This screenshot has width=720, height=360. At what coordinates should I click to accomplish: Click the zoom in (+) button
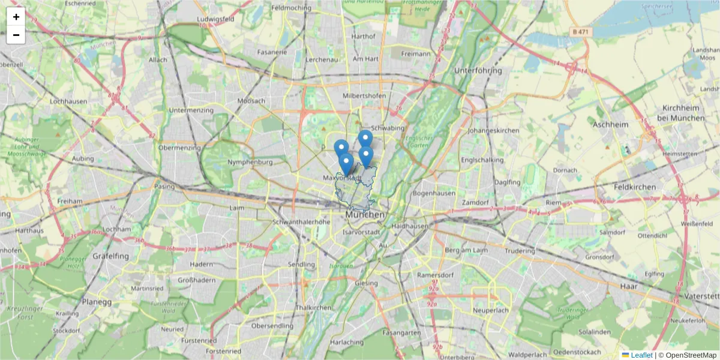(16, 17)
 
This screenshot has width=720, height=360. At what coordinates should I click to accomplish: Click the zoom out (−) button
(16, 35)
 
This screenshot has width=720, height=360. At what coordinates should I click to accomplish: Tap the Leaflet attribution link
(641, 355)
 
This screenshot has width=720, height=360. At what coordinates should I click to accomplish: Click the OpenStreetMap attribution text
(687, 355)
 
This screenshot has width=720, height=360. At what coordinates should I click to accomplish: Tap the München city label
(365, 214)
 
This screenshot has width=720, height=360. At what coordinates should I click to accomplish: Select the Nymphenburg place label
(251, 162)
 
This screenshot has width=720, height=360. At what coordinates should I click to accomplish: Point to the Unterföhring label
(478, 71)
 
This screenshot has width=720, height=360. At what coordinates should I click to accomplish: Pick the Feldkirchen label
(635, 187)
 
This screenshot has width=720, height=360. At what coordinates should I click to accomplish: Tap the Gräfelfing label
(111, 256)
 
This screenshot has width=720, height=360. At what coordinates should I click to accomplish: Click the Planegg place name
(97, 302)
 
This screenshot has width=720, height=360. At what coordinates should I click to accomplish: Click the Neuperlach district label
(490, 311)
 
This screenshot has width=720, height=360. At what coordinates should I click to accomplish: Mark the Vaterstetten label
(702, 296)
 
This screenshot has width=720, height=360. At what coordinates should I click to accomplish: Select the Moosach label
(251, 101)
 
